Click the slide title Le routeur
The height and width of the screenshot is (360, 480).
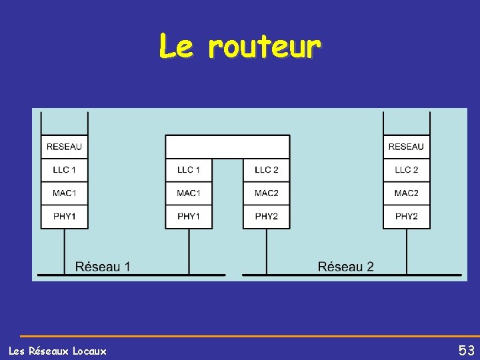pyautogui.click(x=240, y=46)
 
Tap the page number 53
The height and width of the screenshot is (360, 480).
pyautogui.click(x=466, y=350)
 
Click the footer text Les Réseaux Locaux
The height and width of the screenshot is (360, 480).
pyautogui.click(x=57, y=351)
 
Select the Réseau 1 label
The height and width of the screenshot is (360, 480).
pyautogui.click(x=103, y=267)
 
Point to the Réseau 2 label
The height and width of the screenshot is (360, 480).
pyautogui.click(x=345, y=267)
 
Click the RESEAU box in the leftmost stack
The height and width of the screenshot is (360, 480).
pyautogui.click(x=65, y=147)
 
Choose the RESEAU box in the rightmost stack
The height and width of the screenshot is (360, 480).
pyautogui.click(x=406, y=147)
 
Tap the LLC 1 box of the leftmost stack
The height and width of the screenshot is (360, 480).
pyautogui.click(x=65, y=170)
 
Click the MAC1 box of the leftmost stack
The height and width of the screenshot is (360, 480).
pyautogui.click(x=65, y=193)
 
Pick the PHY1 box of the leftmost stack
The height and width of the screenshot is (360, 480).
pyautogui.click(x=65, y=217)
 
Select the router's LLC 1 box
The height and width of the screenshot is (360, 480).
pyautogui.click(x=189, y=170)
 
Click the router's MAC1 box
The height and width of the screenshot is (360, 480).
pyautogui.click(x=189, y=193)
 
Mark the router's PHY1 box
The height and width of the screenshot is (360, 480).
pyautogui.click(x=189, y=217)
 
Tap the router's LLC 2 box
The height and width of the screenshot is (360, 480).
pyautogui.click(x=266, y=170)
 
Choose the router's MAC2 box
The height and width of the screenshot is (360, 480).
pyautogui.click(x=266, y=193)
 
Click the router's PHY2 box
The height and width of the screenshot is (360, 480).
pyautogui.click(x=266, y=217)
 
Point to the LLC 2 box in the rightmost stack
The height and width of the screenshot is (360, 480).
pyautogui.click(x=406, y=170)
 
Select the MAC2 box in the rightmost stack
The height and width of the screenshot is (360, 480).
pyautogui.click(x=406, y=193)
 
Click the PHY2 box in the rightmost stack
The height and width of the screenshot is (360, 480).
pyautogui.click(x=406, y=217)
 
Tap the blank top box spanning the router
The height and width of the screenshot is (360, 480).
pyautogui.click(x=227, y=147)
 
